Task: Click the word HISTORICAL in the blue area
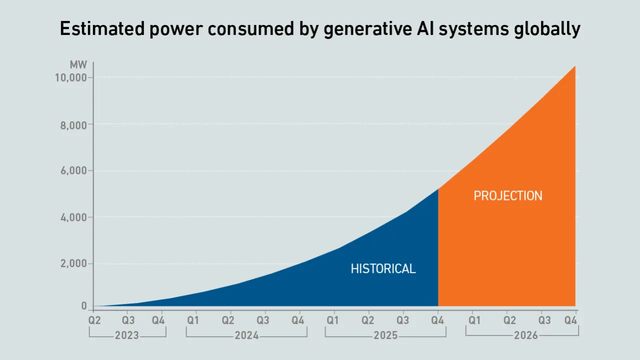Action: point(383,268)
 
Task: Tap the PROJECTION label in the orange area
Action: point(507,195)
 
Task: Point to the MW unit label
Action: point(79,65)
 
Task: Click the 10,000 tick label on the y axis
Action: point(69,78)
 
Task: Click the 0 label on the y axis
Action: point(84,306)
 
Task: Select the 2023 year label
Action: point(127,335)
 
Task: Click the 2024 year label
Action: point(246,335)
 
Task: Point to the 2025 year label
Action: point(385,335)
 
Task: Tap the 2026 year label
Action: point(526,335)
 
